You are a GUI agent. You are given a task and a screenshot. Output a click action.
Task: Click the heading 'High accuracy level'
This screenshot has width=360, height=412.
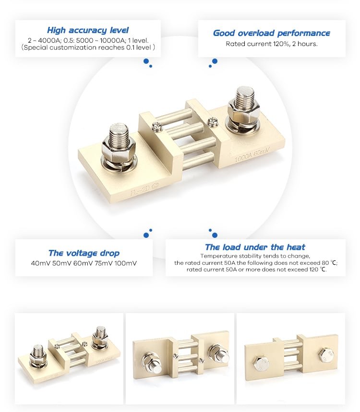tap(88, 30)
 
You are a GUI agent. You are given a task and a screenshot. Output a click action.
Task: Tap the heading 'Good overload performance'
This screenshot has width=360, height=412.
tap(271, 33)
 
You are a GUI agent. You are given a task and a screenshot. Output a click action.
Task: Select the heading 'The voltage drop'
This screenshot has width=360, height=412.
tap(84, 253)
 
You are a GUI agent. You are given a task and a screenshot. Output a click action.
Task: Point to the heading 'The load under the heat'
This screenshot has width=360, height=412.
tap(255, 247)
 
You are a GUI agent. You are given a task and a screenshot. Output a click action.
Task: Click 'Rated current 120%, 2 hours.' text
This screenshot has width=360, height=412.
tap(271, 44)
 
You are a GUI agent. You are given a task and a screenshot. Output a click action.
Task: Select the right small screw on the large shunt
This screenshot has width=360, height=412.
tap(213, 122)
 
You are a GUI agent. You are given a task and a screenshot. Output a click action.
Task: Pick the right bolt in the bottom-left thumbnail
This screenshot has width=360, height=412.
tap(100, 335)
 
